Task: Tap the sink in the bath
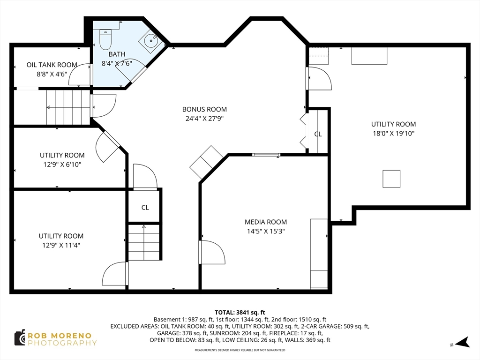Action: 150,40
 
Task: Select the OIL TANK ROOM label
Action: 52,65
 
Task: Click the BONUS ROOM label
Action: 204,109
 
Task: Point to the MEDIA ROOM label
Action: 266,222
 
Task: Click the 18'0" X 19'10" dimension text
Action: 393,133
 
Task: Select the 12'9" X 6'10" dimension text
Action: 62,164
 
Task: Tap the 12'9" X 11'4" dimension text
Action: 61,245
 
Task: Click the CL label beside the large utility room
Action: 318,134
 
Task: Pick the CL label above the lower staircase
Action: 145,207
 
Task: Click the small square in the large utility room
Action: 391,179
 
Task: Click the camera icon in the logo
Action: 19,338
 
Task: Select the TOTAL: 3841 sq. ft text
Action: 240,312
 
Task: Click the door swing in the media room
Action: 212,252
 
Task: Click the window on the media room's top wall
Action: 266,154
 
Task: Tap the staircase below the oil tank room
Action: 68,107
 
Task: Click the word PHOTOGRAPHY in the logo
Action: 62,343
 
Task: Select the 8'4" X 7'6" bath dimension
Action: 117,63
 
